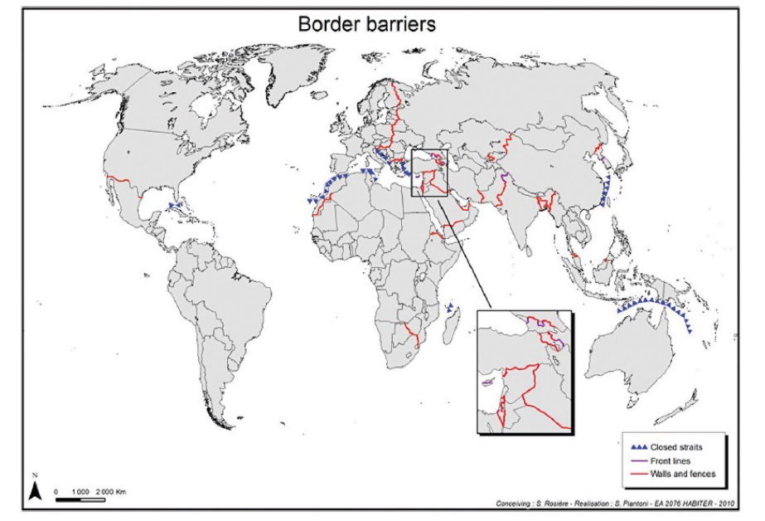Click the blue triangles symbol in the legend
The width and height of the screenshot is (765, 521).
coord(638,446)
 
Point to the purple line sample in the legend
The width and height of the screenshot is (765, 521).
coord(638,460)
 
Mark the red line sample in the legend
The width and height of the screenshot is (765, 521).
coord(638,474)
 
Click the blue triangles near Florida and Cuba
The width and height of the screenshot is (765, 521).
coord(175,204)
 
